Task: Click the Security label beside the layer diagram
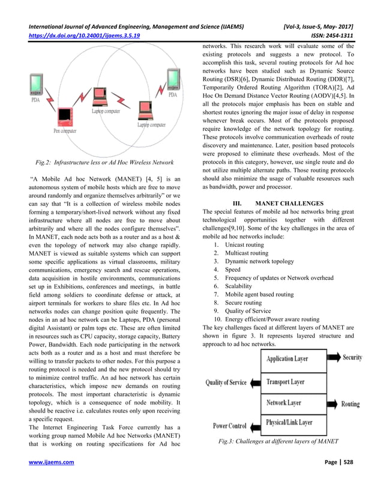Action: pyautogui.click(x=352, y=358)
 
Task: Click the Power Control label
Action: pyautogui.click(x=231, y=426)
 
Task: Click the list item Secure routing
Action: pyautogui.click(x=246, y=303)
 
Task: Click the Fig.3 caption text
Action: pyautogui.click(x=277, y=442)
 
